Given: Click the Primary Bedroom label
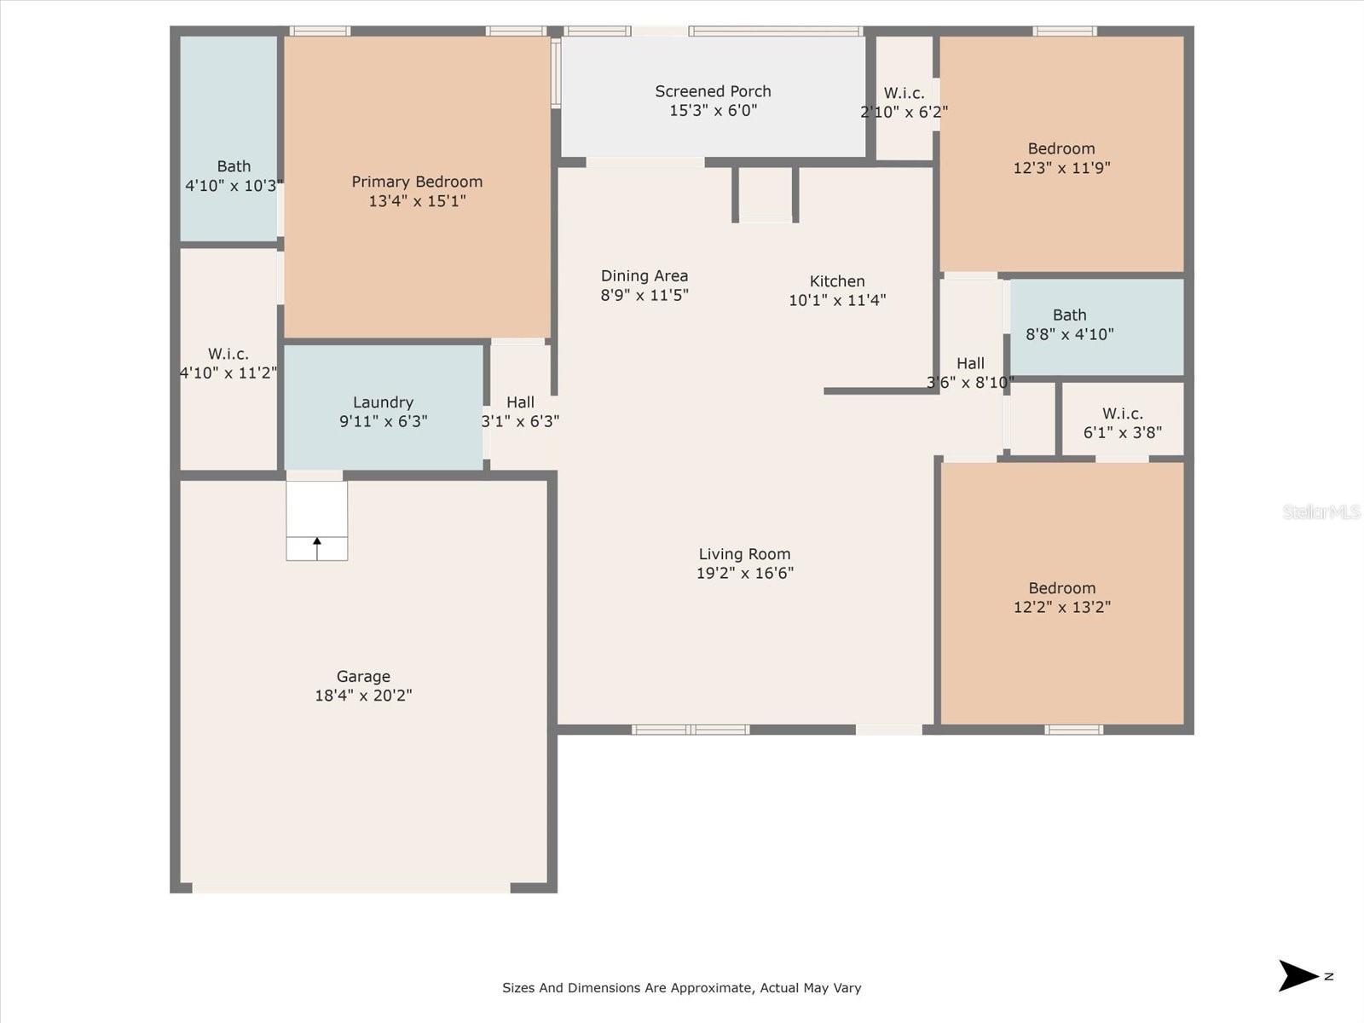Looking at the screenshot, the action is click(417, 182).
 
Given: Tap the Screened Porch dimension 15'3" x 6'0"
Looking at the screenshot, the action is click(714, 111).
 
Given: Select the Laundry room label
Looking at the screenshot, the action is click(384, 402).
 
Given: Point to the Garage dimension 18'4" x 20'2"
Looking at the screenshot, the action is click(363, 696).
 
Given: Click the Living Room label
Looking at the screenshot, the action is click(744, 554).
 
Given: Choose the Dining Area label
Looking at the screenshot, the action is click(644, 275).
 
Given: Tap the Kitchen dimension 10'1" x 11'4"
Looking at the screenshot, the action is click(837, 301).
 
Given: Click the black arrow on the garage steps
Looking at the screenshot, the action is click(317, 548).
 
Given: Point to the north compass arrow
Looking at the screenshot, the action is click(1297, 976).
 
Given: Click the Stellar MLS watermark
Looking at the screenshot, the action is click(1321, 511).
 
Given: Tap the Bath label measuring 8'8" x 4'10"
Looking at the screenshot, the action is click(1069, 315).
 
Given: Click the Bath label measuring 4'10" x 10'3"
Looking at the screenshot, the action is click(234, 166).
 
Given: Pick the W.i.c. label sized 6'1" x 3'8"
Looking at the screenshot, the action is click(1122, 413).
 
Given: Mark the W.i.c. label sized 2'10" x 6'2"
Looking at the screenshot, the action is click(905, 93).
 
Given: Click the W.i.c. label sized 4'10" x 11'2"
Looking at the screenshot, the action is click(228, 354).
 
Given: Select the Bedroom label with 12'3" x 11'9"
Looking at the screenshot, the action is click(1061, 149).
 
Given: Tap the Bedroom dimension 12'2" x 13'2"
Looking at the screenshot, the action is click(1062, 607).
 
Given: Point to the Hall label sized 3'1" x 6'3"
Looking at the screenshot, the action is click(520, 402).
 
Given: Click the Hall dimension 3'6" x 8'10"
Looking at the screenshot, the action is click(970, 383).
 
